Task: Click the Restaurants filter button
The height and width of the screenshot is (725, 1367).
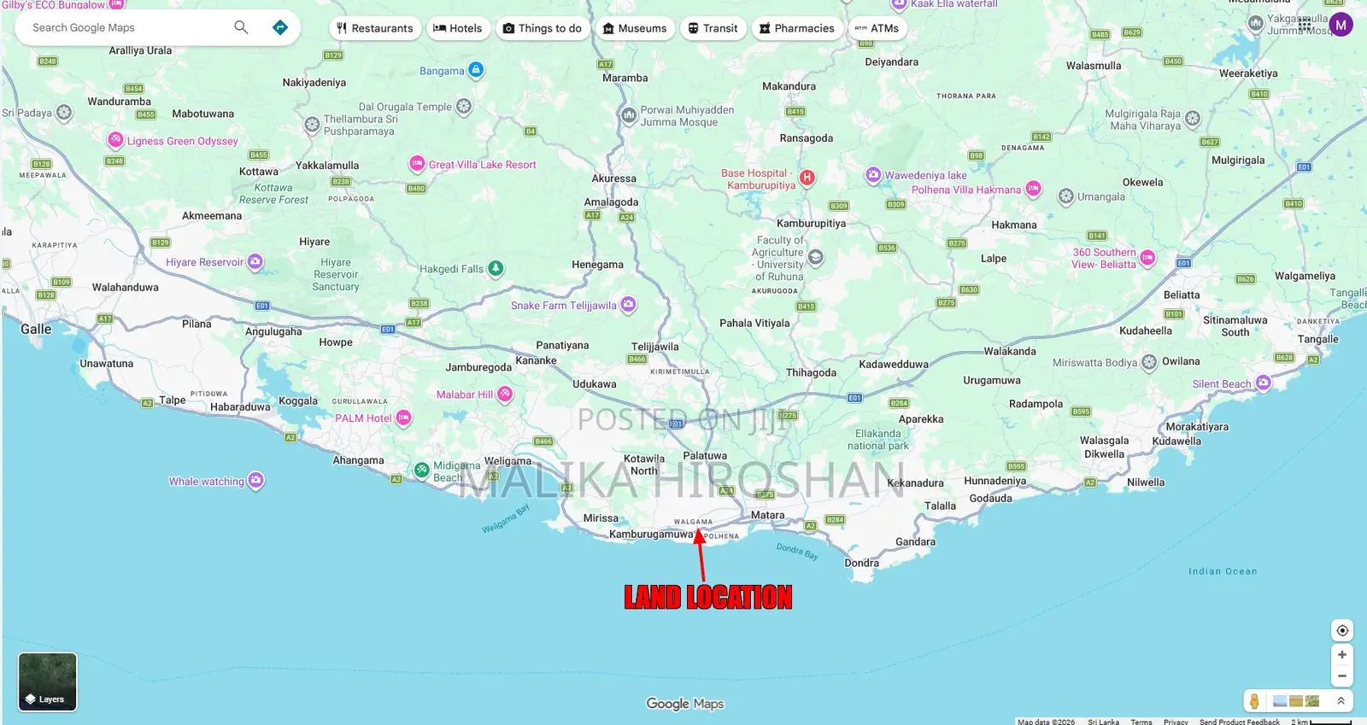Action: click(375, 28)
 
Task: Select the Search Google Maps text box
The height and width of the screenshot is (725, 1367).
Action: click(128, 27)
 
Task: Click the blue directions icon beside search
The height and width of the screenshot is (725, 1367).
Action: click(279, 27)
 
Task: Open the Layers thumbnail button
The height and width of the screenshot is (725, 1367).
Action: click(48, 681)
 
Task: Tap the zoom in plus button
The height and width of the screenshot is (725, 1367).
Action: click(1341, 654)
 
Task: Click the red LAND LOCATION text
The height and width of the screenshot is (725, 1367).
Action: click(707, 597)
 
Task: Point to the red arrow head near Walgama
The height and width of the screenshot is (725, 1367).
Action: click(699, 535)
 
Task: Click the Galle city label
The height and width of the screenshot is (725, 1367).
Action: click(36, 330)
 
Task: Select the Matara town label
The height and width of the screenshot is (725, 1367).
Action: click(767, 515)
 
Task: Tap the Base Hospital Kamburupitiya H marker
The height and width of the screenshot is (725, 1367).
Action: click(807, 178)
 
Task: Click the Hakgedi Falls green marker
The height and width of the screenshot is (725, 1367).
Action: click(496, 269)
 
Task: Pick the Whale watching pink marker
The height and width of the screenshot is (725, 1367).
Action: click(255, 481)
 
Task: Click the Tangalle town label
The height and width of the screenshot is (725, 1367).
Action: click(1317, 339)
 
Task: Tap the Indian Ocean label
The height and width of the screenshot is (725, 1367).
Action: click(1222, 571)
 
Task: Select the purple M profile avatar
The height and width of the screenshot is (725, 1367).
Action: click(1341, 25)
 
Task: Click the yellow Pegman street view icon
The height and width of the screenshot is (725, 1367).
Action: click(1254, 701)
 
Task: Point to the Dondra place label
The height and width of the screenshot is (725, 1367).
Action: click(861, 563)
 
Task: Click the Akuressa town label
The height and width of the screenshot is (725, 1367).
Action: click(613, 178)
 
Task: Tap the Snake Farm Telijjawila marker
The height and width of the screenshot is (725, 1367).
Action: click(628, 304)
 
